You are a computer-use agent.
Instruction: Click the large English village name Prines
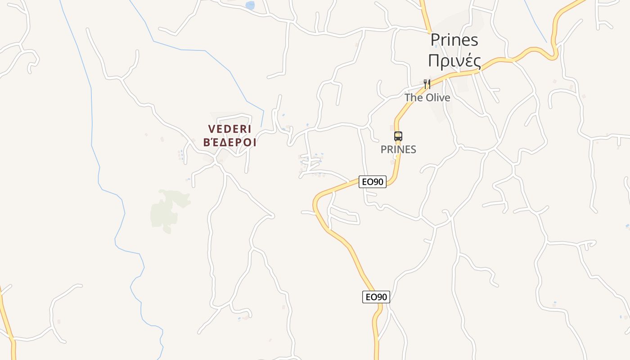454,40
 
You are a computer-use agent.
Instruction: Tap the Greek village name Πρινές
454,61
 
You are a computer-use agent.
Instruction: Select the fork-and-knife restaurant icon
427,84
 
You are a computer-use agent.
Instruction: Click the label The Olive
427,97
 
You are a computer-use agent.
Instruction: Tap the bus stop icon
398,136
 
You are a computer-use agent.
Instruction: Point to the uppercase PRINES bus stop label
398,149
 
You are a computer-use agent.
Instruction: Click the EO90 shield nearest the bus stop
373,182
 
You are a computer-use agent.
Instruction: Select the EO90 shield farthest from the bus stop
376,297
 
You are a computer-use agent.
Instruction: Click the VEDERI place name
229,129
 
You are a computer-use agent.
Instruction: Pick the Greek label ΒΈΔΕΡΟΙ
229,143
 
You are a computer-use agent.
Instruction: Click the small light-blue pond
250,5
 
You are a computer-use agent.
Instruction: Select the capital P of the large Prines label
435,40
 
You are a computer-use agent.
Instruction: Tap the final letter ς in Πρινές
476,62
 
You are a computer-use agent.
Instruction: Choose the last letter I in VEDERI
249,129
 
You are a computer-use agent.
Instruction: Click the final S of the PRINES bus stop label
413,149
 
